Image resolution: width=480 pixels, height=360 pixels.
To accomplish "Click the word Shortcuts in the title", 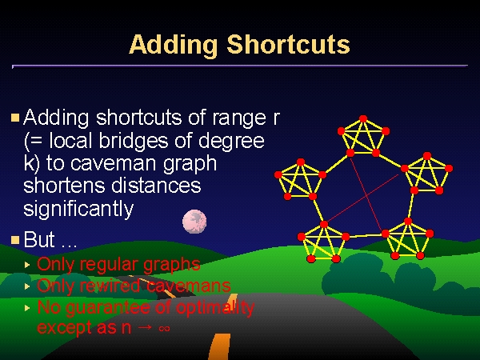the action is [x=288, y=44].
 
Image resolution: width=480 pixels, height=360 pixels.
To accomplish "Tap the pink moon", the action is [x=194, y=222].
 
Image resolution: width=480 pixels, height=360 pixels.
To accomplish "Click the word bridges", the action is [x=134, y=141].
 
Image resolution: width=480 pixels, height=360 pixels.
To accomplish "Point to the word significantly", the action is [x=78, y=210].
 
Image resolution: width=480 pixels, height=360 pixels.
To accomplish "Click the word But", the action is [x=39, y=239].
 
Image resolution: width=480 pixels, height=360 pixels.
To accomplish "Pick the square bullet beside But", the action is [x=15, y=240].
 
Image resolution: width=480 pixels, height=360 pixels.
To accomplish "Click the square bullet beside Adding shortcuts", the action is [x=15, y=118].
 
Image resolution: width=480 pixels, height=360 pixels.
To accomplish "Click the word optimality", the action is [x=215, y=308].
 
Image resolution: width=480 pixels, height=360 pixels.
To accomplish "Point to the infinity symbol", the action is [x=164, y=329].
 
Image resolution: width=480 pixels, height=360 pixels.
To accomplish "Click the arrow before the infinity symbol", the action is [x=145, y=328].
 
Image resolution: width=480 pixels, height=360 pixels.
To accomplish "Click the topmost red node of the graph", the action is [x=363, y=118].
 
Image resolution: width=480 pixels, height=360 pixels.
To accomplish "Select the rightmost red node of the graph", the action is [x=449, y=168].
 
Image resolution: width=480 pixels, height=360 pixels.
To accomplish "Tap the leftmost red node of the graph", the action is [x=278, y=174].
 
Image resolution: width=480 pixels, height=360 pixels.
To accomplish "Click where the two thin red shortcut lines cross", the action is [x=366, y=195].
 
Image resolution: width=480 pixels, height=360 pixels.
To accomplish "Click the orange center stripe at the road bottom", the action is [x=218, y=346].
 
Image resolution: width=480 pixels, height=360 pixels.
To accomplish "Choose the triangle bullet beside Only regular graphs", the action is [x=27, y=265].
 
